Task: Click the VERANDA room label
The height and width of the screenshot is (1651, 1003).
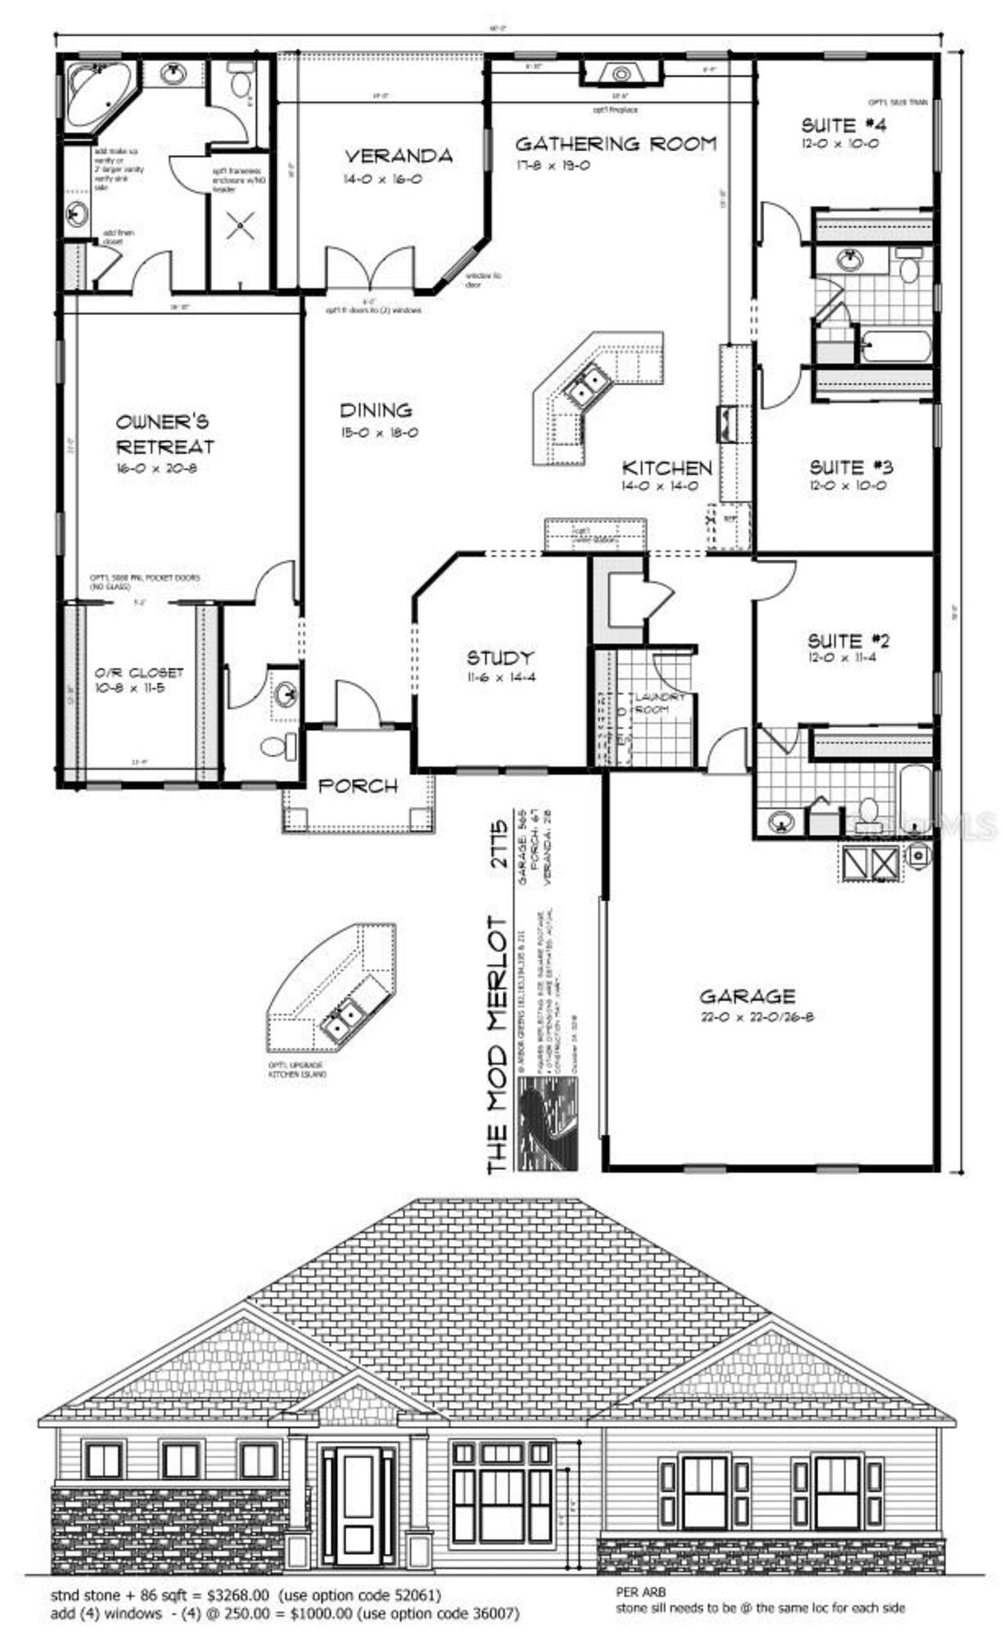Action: click(x=399, y=156)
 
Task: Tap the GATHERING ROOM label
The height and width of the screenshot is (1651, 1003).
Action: click(x=616, y=144)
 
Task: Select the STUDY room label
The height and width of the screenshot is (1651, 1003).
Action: click(x=500, y=657)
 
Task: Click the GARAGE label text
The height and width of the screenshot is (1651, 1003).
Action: click(x=747, y=996)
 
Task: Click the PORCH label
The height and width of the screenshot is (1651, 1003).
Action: click(x=358, y=786)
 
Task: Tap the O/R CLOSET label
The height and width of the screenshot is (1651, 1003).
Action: click(x=139, y=673)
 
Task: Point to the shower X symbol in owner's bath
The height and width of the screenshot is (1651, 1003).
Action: click(x=238, y=228)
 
